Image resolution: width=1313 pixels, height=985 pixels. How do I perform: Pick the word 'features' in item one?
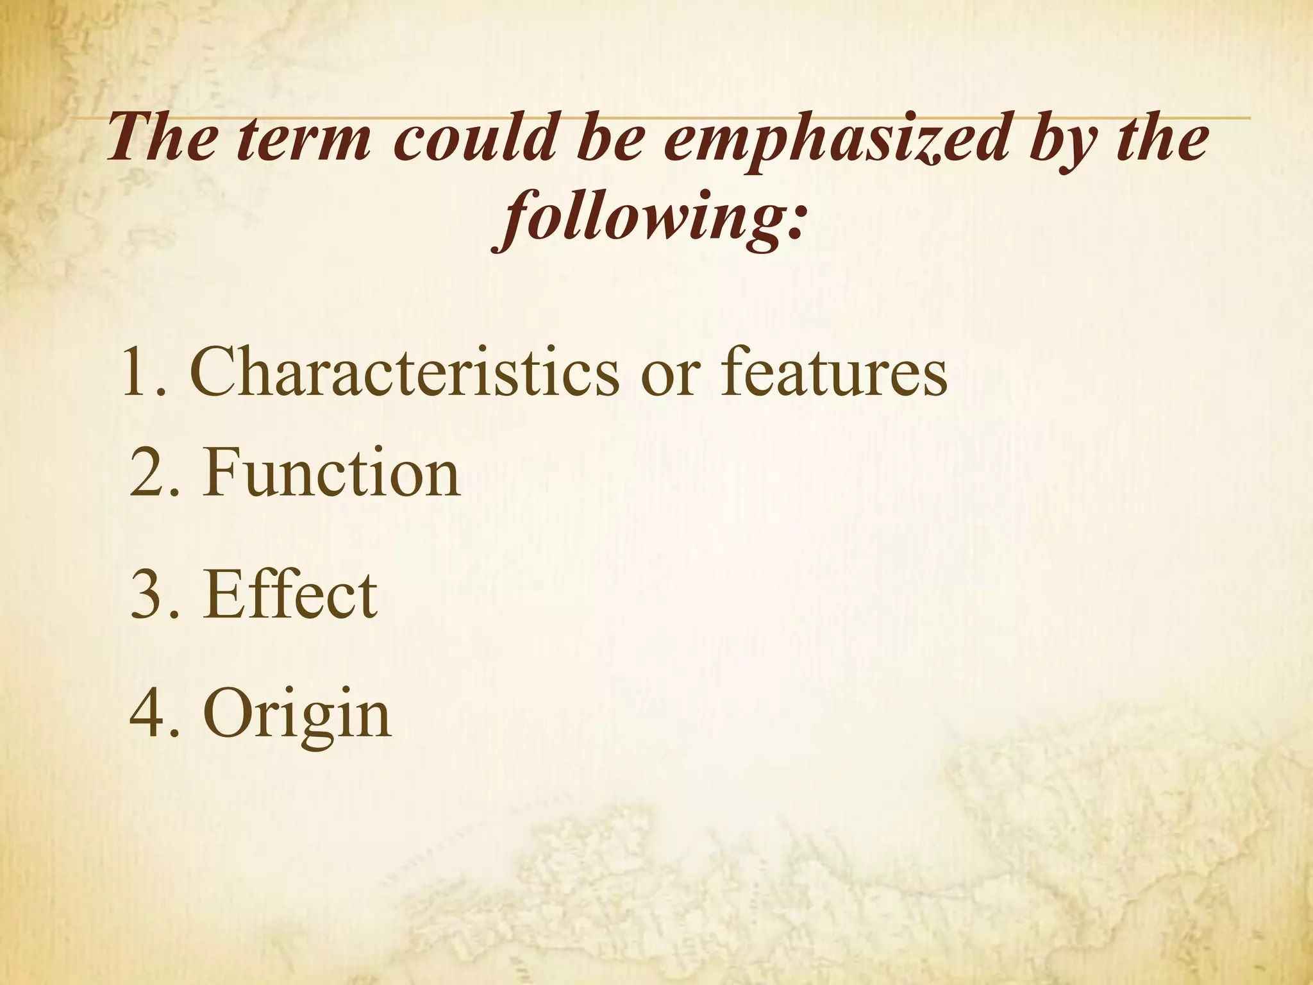pos(833,372)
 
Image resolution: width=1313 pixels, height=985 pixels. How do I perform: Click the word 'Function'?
pos(331,474)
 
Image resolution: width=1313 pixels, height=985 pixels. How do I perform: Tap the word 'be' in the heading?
pos(602,139)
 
